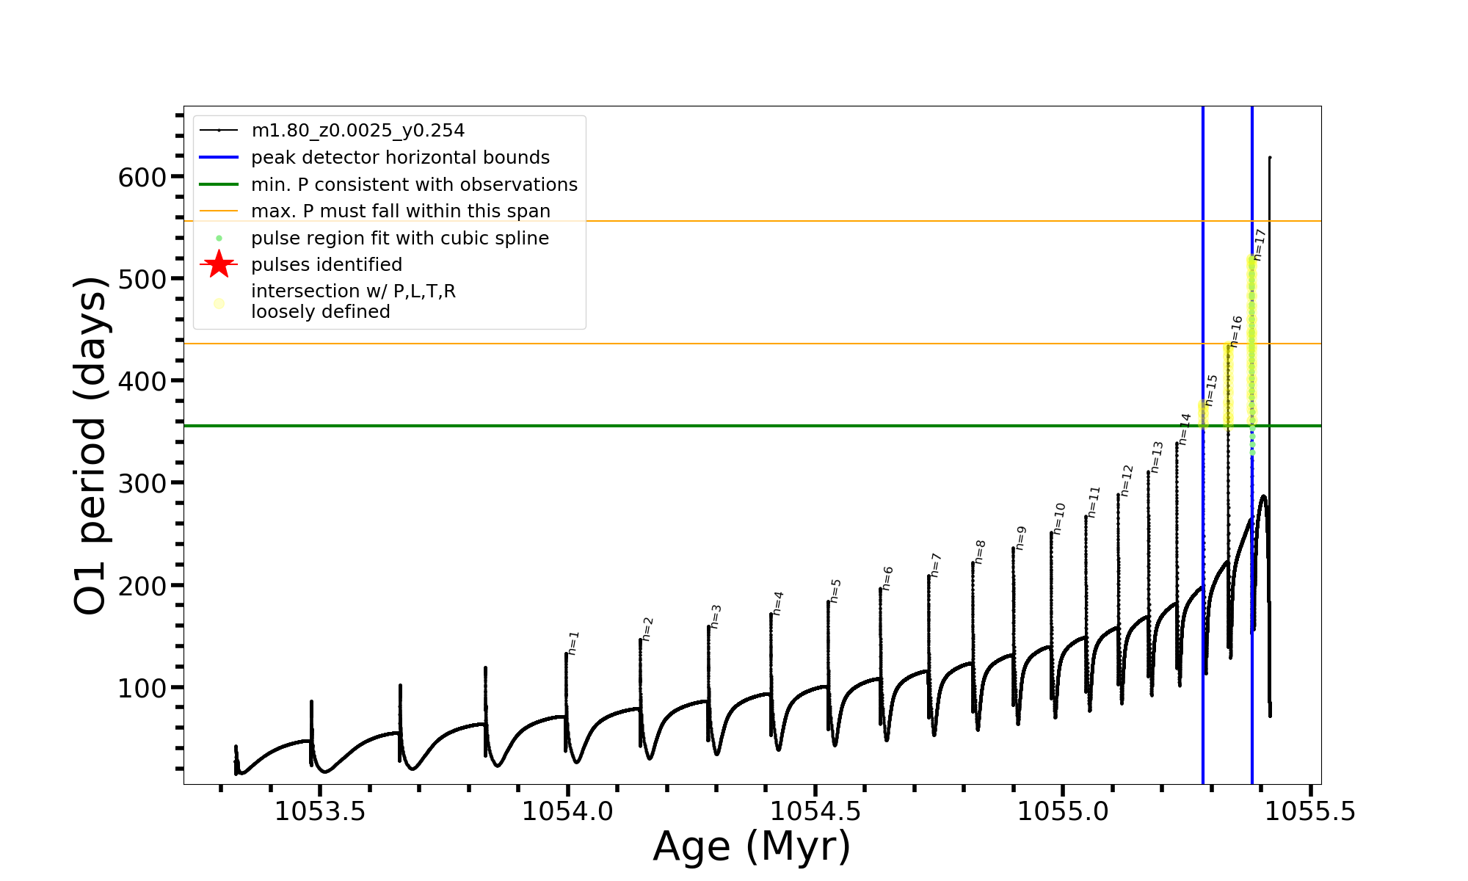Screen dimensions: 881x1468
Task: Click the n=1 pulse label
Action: point(574,642)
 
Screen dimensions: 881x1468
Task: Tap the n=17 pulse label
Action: point(1260,244)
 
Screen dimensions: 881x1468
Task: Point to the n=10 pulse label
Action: point(1059,518)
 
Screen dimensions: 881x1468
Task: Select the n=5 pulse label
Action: point(836,591)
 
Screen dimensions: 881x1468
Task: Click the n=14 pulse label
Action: point(1185,429)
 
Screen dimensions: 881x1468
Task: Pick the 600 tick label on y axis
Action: point(142,177)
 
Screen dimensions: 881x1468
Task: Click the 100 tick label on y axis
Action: point(142,688)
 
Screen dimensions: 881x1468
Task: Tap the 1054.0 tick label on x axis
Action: point(567,811)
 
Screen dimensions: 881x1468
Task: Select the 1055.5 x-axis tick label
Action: point(1310,811)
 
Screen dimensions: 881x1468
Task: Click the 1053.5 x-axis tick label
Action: point(320,811)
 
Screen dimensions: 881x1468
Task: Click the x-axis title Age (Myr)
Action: point(752,846)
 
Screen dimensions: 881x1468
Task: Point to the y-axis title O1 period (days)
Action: point(91,446)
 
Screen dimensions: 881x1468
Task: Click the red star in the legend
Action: point(219,264)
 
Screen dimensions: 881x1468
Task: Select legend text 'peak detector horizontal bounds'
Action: point(400,158)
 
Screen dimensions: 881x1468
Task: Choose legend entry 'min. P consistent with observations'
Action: point(414,184)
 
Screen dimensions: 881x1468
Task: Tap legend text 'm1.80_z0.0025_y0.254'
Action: point(357,131)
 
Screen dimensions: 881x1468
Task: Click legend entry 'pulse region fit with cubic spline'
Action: point(399,238)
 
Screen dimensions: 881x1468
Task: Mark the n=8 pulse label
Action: point(981,551)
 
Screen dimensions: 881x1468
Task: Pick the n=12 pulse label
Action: point(1127,480)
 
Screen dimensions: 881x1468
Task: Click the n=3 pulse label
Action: point(716,616)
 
